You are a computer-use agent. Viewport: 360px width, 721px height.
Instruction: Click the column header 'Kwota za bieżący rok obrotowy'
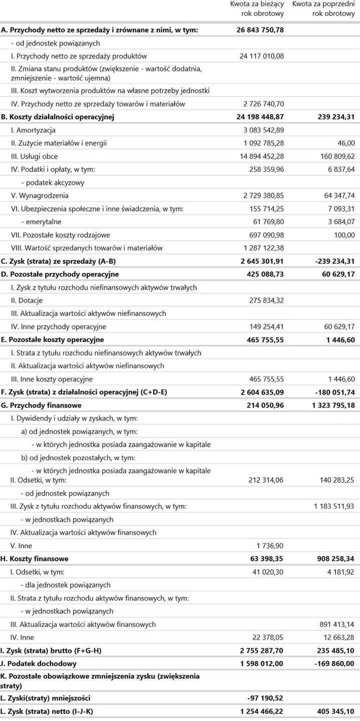coord(257,9)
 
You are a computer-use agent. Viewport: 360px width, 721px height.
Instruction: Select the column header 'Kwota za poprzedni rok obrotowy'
coord(323,9)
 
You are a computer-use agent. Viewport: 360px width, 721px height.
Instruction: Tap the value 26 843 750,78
coord(260,30)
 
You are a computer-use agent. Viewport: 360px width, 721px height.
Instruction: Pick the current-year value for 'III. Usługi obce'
coord(261,156)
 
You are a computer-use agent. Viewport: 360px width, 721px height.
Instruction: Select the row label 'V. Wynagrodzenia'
coord(40,195)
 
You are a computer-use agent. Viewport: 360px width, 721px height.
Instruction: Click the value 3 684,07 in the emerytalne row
coord(338,221)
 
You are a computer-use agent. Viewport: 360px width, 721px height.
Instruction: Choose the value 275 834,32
coord(266,300)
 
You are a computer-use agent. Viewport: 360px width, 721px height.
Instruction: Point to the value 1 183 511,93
coord(334,506)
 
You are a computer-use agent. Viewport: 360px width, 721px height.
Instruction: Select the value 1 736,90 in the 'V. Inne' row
coord(271,545)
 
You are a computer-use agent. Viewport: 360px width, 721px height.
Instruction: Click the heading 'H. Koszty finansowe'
coord(35,558)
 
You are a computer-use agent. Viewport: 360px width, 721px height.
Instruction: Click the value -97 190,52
coord(266,697)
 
